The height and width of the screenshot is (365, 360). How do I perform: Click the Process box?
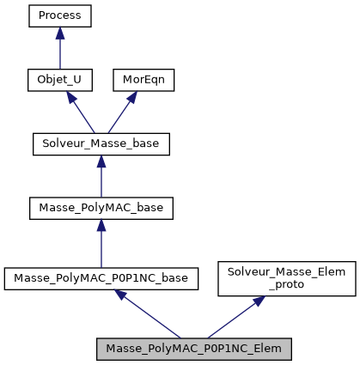59,15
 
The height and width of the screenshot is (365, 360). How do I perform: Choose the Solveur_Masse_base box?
101,143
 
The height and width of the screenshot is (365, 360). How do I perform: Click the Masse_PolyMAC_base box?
101,208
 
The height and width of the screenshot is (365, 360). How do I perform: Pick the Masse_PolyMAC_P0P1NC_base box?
101,278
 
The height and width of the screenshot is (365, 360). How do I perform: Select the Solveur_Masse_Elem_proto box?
286,278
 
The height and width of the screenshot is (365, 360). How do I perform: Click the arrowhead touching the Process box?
59,33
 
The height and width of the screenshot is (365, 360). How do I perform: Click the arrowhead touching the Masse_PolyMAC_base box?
101,225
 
